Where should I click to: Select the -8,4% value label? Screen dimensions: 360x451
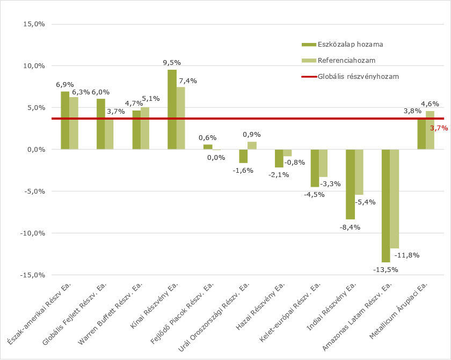[x=350, y=227]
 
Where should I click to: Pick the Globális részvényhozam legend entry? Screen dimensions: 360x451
[x=358, y=76]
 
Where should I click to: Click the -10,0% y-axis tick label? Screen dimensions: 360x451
[x=32, y=233]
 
